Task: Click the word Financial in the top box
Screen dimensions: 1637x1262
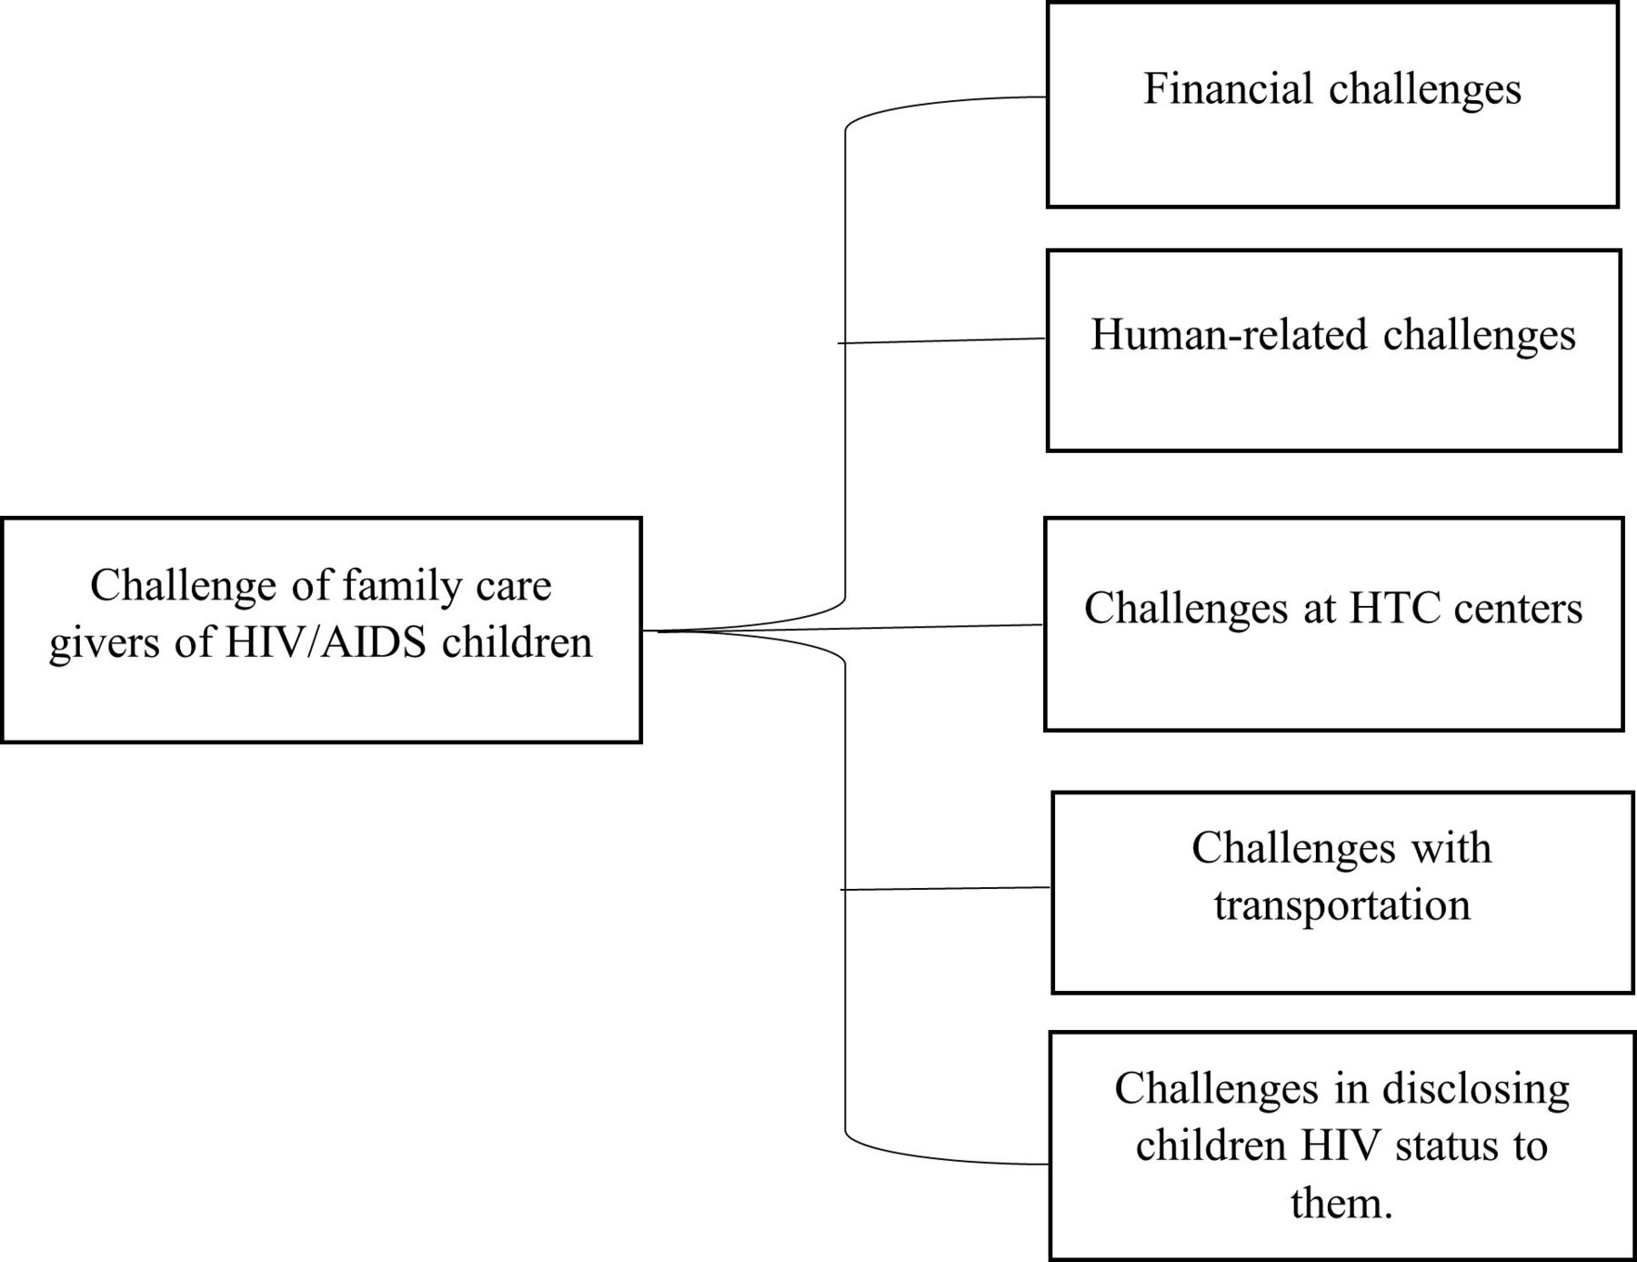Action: tap(1228, 88)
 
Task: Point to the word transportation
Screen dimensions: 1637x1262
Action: tap(1342, 905)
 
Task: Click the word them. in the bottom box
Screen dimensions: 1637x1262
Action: tap(1341, 1203)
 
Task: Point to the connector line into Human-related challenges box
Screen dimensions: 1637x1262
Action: tap(941, 340)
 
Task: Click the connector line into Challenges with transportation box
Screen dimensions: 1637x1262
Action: tap(946, 888)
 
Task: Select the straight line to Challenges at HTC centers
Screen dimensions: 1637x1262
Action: tap(849, 628)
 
